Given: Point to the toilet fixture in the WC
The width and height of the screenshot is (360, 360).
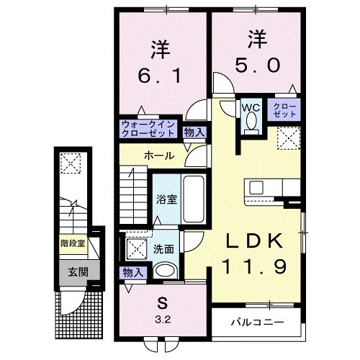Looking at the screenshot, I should (250, 122).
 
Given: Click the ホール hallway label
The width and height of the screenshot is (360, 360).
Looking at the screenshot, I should (157, 156).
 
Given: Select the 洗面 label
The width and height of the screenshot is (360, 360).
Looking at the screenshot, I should (163, 249).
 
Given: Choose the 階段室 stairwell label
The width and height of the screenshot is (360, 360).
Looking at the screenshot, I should (72, 243).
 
